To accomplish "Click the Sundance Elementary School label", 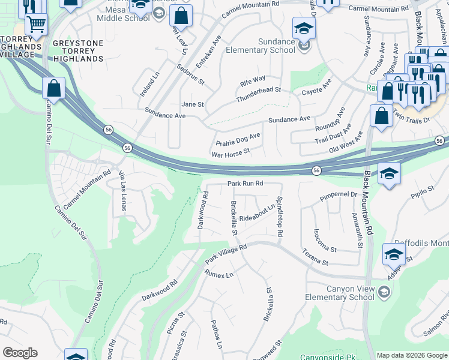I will pyautogui.click(x=261, y=46).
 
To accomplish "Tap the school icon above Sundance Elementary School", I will pyautogui.click(x=304, y=28).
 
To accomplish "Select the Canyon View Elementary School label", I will pyautogui.click(x=350, y=293).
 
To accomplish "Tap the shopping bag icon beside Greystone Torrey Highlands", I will pyautogui.click(x=54, y=89).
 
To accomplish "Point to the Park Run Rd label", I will pyautogui.click(x=245, y=183).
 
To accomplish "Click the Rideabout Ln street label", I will pyautogui.click(x=257, y=214).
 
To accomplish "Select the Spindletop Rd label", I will pyautogui.click(x=280, y=217).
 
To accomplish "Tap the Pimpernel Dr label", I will pyautogui.click(x=338, y=195).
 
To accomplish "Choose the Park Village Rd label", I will pyautogui.click(x=226, y=254).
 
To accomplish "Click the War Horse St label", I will pyautogui.click(x=231, y=154).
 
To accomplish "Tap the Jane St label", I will pyautogui.click(x=193, y=104).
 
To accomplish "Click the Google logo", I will pyautogui.click(x=20, y=353).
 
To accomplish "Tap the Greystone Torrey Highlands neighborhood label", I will pyautogui.click(x=78, y=51).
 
